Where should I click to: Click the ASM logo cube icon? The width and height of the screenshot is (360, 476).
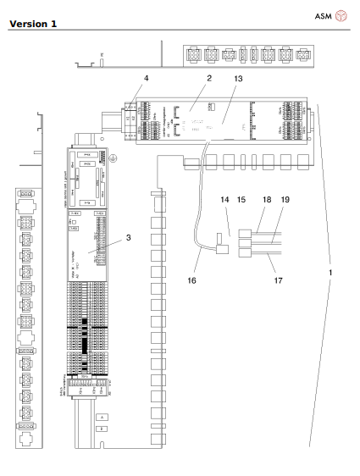point(343,14)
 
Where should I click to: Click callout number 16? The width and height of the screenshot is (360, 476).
point(197,275)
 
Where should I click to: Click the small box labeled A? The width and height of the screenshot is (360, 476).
point(102,418)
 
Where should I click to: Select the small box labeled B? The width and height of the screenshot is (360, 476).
point(102,429)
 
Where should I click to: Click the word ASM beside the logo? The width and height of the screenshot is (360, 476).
point(326,14)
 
